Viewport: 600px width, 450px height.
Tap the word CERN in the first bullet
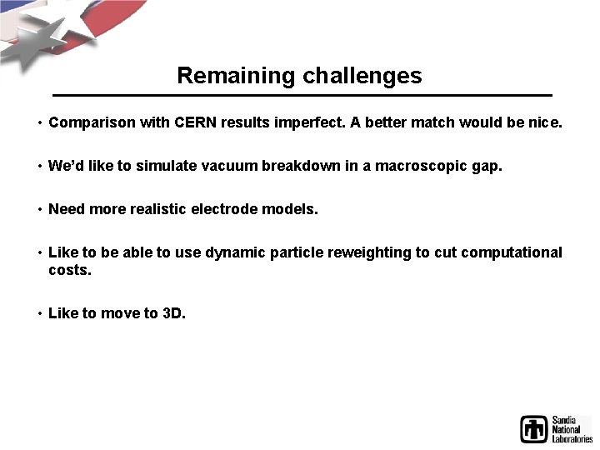[x=197, y=122]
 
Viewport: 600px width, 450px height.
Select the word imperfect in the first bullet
[x=307, y=122]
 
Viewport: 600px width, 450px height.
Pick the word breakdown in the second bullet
[x=301, y=166]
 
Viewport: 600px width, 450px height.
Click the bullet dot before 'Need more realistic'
[x=39, y=210]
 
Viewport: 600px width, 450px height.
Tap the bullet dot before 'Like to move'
[x=39, y=314]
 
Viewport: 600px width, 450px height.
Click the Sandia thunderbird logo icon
[x=534, y=429]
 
